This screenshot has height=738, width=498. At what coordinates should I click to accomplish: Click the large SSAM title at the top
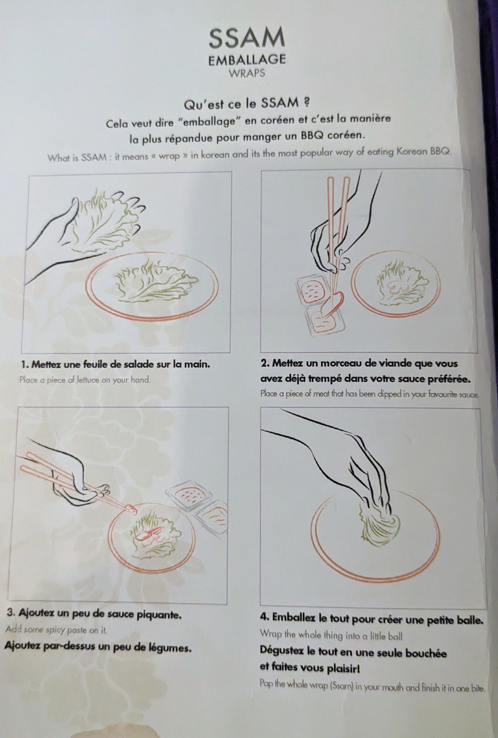pyautogui.click(x=247, y=38)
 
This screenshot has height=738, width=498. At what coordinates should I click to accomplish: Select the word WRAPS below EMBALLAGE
pyautogui.click(x=247, y=73)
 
